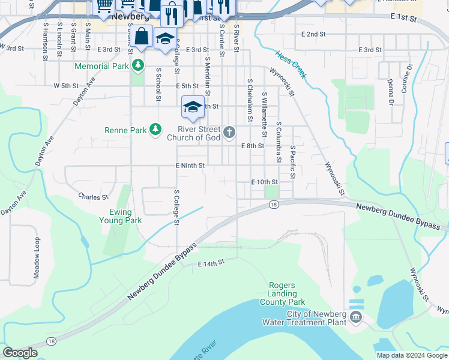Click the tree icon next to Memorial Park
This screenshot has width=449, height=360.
click(139, 65)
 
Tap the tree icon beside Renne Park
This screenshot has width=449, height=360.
click(155, 129)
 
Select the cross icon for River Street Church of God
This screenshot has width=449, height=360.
click(229, 133)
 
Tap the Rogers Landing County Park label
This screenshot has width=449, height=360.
click(282, 293)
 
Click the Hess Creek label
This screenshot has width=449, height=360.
click(291, 64)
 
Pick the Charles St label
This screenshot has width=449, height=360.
click(93, 196)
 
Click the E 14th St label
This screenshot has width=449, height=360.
click(211, 263)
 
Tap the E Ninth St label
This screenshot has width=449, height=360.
click(190, 166)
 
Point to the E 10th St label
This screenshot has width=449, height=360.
click(265, 182)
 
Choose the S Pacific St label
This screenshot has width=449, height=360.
click(293, 162)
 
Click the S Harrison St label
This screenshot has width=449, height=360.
click(45, 41)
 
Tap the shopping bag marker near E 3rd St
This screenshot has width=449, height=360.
click(141, 37)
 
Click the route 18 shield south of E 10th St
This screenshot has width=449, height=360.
click(274, 205)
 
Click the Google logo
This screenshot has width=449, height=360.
click(20, 352)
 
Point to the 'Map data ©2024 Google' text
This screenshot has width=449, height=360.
click(411, 355)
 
